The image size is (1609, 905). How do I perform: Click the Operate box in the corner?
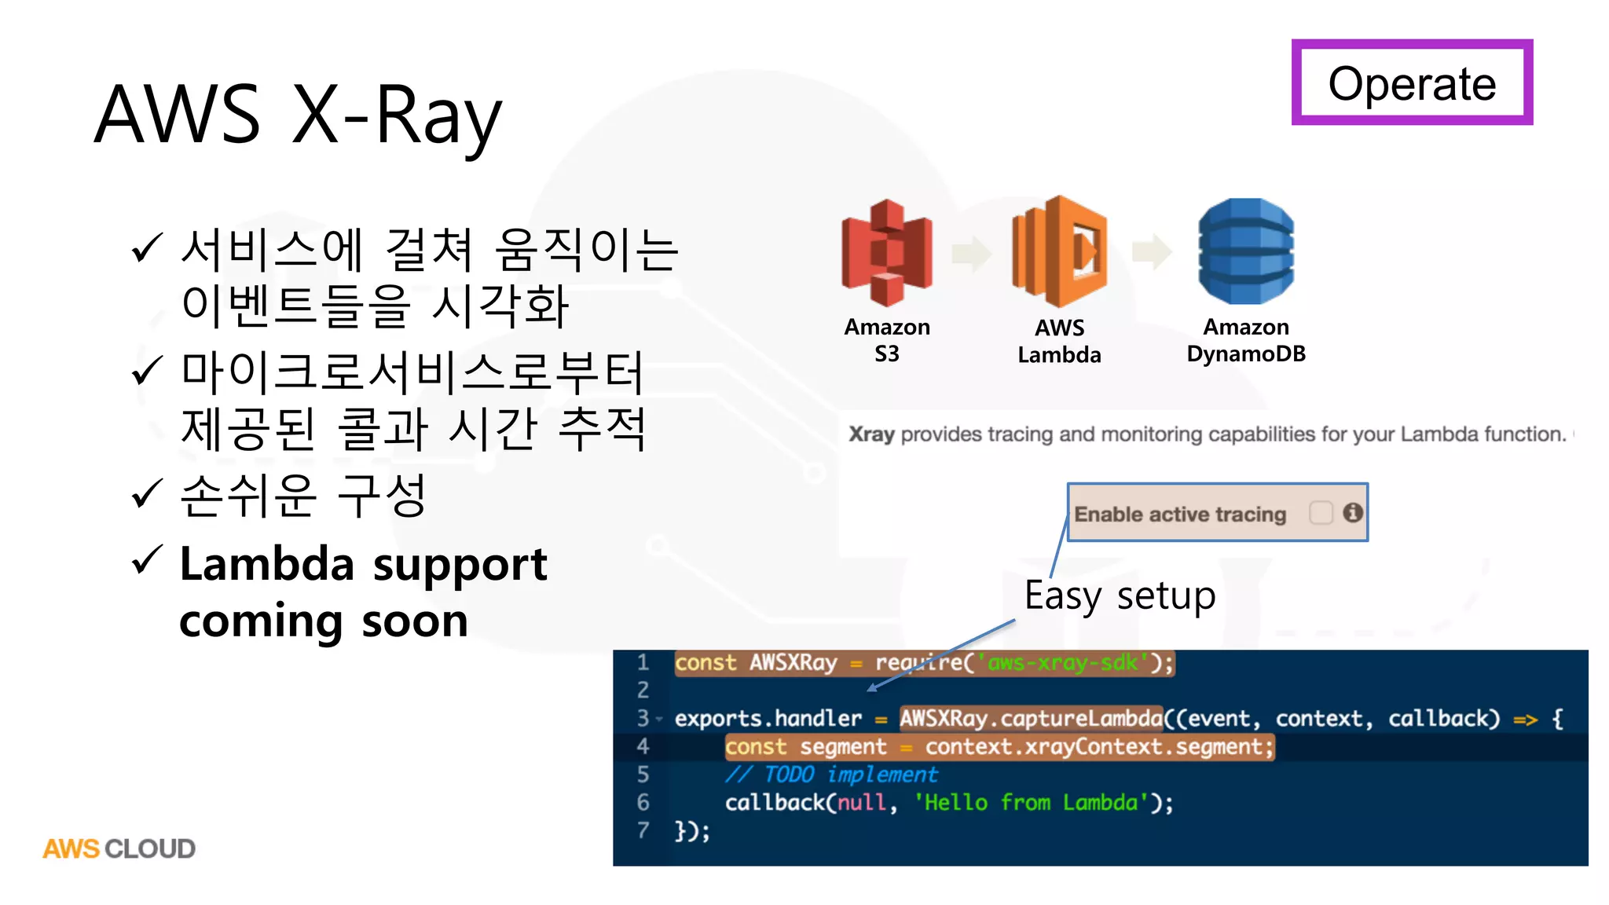[x=1412, y=82]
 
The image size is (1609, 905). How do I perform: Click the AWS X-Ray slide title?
[x=298, y=115]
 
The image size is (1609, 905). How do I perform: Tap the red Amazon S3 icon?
[x=887, y=252]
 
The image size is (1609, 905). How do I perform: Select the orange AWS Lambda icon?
[x=1060, y=251]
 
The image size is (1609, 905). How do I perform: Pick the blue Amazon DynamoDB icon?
[x=1246, y=251]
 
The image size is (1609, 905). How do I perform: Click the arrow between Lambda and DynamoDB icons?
[x=1152, y=252]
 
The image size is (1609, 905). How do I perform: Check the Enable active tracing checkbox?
[x=1321, y=513]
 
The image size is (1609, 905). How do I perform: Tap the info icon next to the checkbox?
[x=1352, y=512]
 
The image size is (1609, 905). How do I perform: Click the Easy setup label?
[x=1120, y=595]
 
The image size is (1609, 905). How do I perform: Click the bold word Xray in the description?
[x=871, y=434]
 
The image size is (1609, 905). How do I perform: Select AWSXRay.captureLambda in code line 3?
[x=1030, y=718]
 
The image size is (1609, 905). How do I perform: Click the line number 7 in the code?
[x=643, y=830]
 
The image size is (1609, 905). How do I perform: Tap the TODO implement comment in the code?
[x=831, y=775]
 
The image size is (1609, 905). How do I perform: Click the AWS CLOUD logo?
[x=119, y=848]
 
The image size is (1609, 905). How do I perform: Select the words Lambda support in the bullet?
[x=363, y=564]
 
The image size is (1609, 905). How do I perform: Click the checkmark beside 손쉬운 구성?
[x=147, y=494]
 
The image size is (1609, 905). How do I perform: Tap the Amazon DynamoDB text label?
[x=1246, y=340]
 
